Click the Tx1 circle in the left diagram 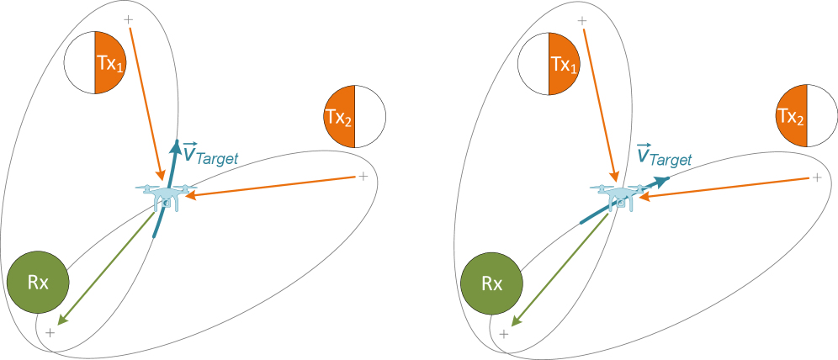coord(95,63)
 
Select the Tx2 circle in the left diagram coord(354,116)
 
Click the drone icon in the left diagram coord(167,195)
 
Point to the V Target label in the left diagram coord(211,156)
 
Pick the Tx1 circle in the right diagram coord(549,63)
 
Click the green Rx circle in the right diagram coord(492,283)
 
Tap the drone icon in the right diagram coord(620,195)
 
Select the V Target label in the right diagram coord(665,156)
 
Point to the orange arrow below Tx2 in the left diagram coord(269,187)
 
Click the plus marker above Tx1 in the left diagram coord(128,19)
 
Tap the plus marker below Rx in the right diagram coord(504,334)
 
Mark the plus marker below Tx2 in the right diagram coord(816,177)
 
